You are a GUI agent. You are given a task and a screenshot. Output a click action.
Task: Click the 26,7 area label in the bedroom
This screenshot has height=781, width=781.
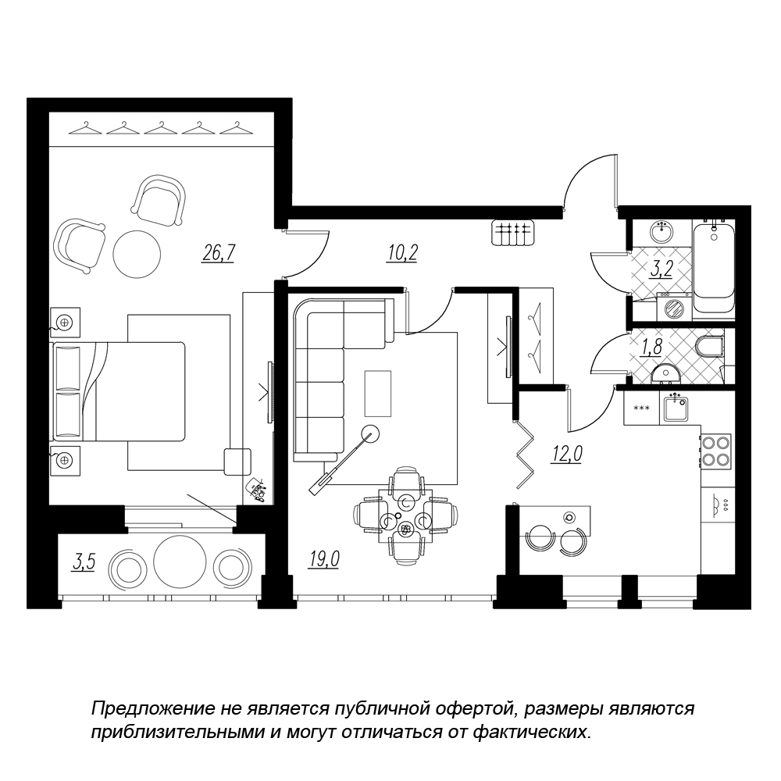click(218, 253)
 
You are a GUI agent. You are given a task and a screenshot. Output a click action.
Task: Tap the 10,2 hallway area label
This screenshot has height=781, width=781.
click(402, 253)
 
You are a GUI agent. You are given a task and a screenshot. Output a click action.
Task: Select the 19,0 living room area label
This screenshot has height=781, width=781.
click(324, 559)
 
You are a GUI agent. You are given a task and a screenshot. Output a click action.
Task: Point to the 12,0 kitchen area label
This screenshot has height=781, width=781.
click(566, 454)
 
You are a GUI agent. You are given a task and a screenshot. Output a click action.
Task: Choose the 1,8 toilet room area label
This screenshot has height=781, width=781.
click(651, 348)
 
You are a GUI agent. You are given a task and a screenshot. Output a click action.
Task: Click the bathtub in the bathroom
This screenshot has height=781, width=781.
click(713, 267)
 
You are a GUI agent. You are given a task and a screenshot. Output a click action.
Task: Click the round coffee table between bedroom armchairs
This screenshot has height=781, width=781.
click(137, 254)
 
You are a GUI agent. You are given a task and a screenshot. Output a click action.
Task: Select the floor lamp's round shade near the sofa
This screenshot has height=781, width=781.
click(370, 433)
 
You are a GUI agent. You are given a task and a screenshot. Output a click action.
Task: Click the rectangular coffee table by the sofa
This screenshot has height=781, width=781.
click(378, 393)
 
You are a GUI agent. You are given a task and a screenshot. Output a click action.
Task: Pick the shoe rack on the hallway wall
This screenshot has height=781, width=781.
click(512, 232)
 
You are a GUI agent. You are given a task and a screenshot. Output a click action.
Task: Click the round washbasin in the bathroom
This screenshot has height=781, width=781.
click(662, 232)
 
